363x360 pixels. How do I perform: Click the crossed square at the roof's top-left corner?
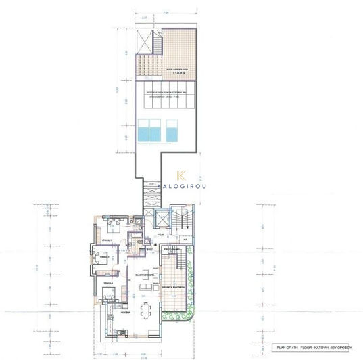(x=146, y=41)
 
